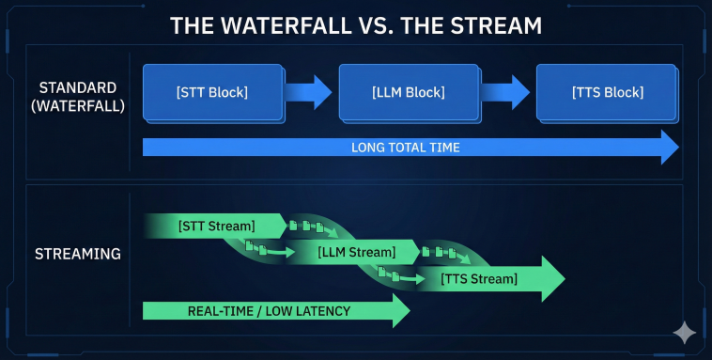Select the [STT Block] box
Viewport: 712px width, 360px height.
pyautogui.click(x=212, y=92)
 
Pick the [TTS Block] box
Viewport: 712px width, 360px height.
pyautogui.click(x=607, y=92)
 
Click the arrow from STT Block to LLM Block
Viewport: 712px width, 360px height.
pyautogui.click(x=310, y=92)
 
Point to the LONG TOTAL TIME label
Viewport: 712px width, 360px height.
pyautogui.click(x=405, y=148)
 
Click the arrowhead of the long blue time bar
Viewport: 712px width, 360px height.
pyautogui.click(x=668, y=148)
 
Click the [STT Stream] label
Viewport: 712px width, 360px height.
pyautogui.click(x=216, y=226)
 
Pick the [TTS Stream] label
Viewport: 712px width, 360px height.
pyautogui.click(x=479, y=278)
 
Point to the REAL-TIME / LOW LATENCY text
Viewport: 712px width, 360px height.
pyautogui.click(x=269, y=311)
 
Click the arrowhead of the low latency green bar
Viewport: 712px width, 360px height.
pyautogui.click(x=399, y=311)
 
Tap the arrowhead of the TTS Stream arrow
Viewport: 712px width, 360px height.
pyautogui.click(x=551, y=278)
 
